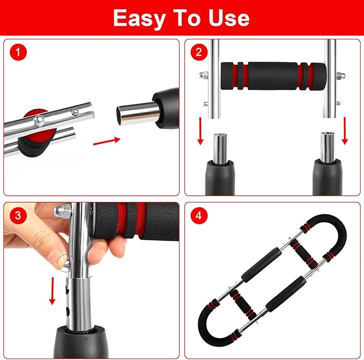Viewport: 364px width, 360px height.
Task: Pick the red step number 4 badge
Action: coord(199,216)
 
